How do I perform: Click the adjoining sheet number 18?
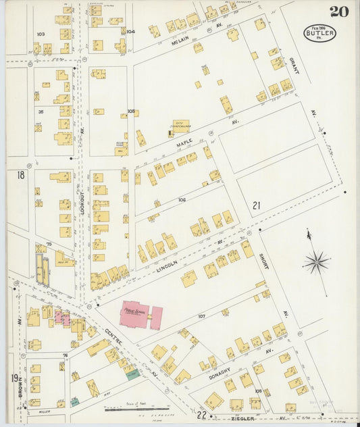(20, 175)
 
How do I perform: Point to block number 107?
(201, 316)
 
